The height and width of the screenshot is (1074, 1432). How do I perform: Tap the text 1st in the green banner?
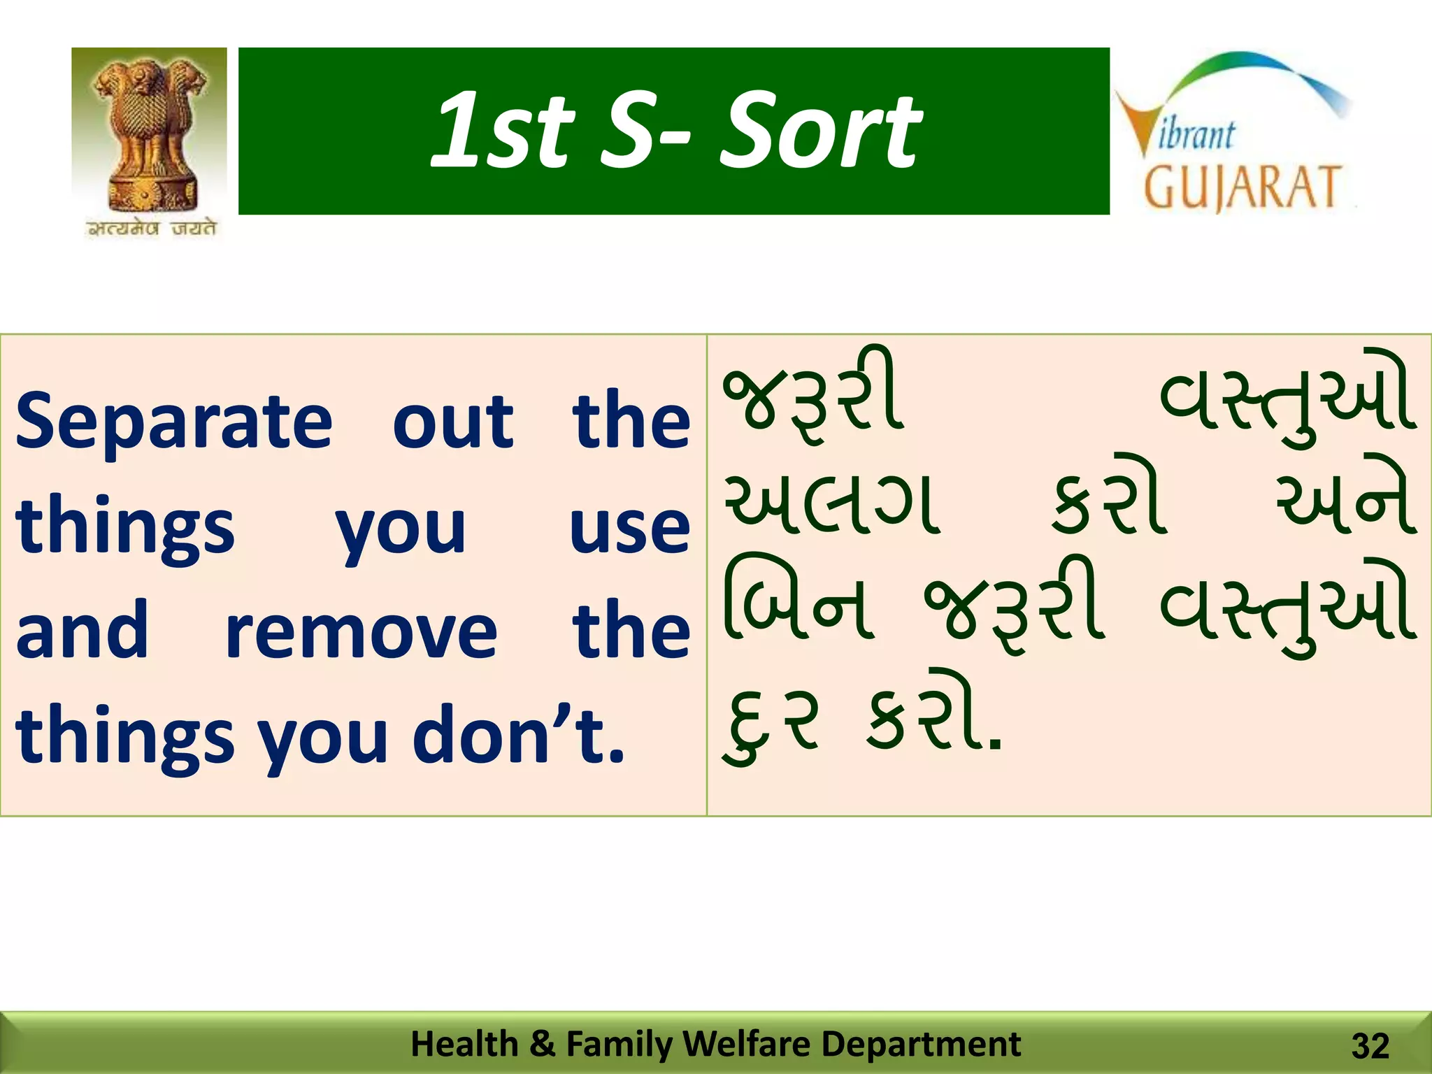(502, 131)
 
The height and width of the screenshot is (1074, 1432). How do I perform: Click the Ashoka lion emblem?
(150, 133)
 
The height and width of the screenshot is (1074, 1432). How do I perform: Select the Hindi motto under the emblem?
(152, 229)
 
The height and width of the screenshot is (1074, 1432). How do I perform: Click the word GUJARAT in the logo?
(1242, 187)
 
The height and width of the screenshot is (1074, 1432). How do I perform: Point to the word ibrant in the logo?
(1196, 134)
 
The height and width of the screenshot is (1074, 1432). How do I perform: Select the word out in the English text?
(452, 422)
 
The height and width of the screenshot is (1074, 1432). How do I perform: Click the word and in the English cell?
(83, 629)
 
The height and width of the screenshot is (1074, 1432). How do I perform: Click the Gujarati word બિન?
(797, 601)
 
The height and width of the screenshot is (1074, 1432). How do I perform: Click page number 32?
(1370, 1047)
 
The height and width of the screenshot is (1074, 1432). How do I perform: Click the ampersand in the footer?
(542, 1044)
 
